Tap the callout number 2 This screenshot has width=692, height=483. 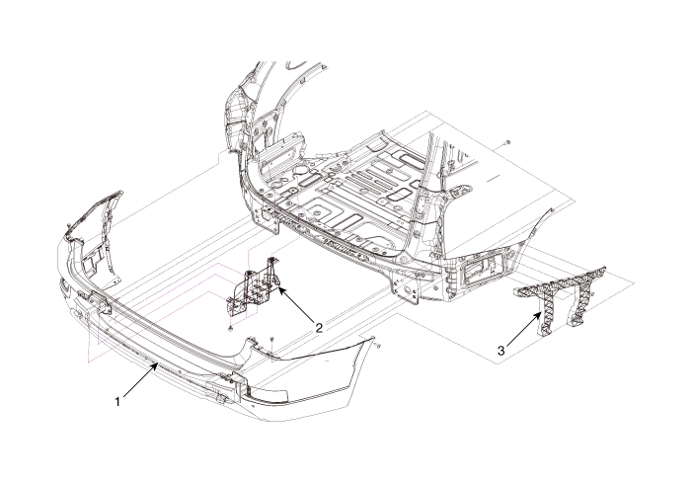[318, 327]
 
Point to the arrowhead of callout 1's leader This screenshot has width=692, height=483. [158, 363]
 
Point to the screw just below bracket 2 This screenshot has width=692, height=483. [230, 327]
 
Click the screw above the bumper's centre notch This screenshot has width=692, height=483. [269, 339]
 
